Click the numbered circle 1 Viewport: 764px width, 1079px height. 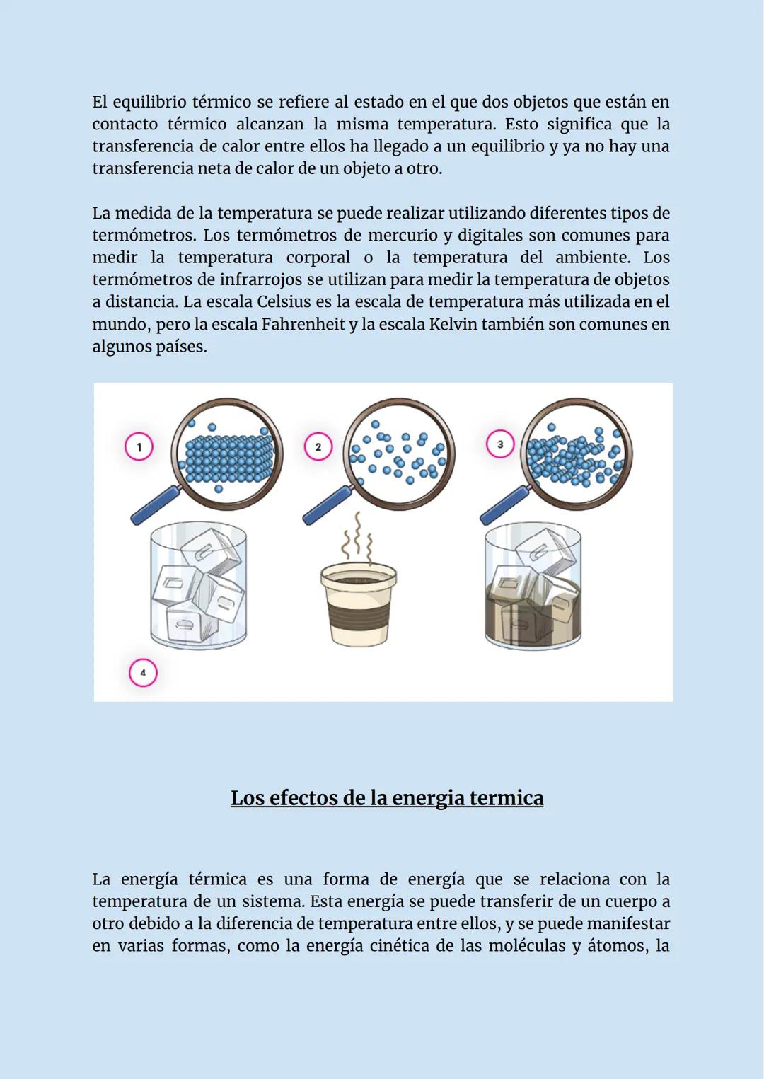pyautogui.click(x=139, y=446)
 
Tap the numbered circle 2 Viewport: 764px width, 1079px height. pyautogui.click(x=318, y=446)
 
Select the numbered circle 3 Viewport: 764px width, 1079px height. pyautogui.click(x=500, y=444)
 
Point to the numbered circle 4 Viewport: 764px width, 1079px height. pyautogui.click(x=143, y=673)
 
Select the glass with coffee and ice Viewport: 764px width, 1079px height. pyautogui.click(x=533, y=587)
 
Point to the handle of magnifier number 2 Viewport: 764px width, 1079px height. pyautogui.click(x=328, y=506)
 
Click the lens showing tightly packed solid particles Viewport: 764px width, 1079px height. pyautogui.click(x=227, y=453)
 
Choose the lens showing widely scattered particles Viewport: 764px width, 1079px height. pyautogui.click(x=399, y=453)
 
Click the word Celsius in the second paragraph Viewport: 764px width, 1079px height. pyautogui.click(x=284, y=302)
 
